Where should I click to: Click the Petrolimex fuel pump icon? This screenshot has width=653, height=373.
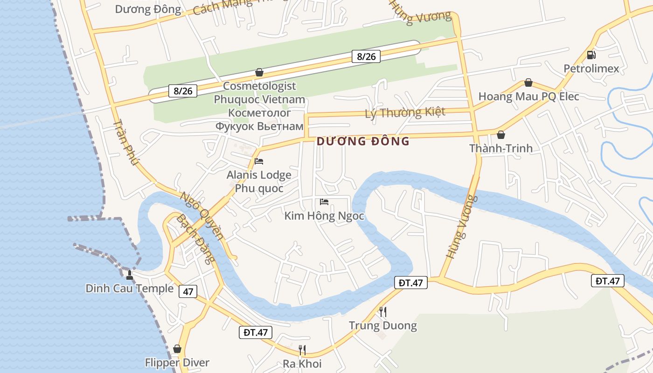[591, 55]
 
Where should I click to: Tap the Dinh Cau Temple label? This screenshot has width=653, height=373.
[129, 288]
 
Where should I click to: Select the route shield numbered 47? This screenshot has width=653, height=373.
[188, 292]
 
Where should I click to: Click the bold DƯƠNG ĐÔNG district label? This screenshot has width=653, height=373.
[363, 141]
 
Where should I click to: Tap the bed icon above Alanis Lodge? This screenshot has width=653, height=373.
[259, 161]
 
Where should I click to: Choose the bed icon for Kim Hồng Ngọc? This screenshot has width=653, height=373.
[324, 202]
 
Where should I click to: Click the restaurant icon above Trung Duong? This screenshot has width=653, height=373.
[382, 311]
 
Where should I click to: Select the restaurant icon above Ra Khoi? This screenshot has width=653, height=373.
[302, 350]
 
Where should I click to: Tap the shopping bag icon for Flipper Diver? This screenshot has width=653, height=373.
[177, 349]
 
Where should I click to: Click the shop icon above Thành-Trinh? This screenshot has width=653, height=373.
[501, 135]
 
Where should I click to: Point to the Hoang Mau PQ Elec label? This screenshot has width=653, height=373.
[528, 97]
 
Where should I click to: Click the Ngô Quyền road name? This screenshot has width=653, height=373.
[202, 215]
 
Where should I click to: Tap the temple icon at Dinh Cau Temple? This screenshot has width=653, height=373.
[130, 275]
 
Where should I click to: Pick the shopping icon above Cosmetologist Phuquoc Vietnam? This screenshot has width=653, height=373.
[259, 72]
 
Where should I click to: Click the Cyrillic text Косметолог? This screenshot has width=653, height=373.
[259, 112]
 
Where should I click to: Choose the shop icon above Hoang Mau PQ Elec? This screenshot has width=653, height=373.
[528, 83]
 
